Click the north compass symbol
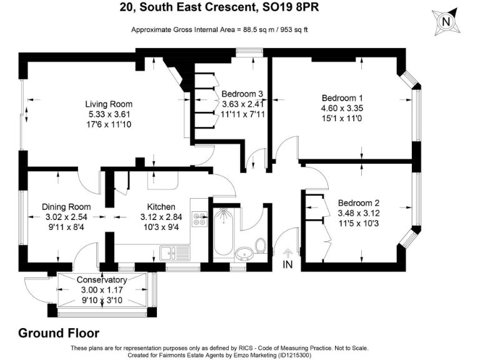pyautogui.click(x=446, y=22)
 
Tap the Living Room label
pyautogui.click(x=109, y=104)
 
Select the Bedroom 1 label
pyautogui.click(x=342, y=98)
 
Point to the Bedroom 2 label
pyautogui.click(x=359, y=203)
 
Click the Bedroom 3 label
pyautogui.click(x=242, y=94)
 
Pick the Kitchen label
pyautogui.click(x=161, y=207)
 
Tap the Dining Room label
pyautogui.click(x=66, y=207)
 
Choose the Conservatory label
pyautogui.click(x=102, y=280)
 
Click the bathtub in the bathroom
pyautogui.click(x=223, y=232)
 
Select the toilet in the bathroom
pyautogui.click(x=261, y=246)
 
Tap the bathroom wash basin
pyautogui.click(x=244, y=254)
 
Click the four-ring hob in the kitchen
pyautogui.click(x=199, y=219)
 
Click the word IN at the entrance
pyautogui.click(x=287, y=264)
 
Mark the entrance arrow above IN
pyautogui.click(x=287, y=254)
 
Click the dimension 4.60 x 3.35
pyautogui.click(x=342, y=108)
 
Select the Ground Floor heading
pyautogui.click(x=59, y=333)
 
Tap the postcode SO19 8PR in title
pyautogui.click(x=291, y=7)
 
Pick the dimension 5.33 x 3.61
pyautogui.click(x=109, y=114)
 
